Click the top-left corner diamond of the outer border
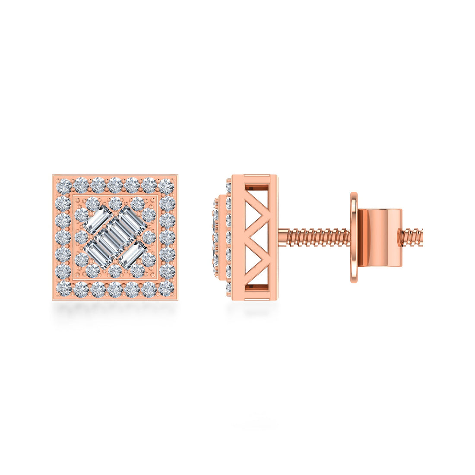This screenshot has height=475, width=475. point(63,186)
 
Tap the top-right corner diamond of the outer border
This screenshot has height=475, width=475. point(167,186)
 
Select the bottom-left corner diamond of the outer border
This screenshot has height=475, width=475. point(63,288)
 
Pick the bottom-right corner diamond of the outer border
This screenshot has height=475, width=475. point(167,288)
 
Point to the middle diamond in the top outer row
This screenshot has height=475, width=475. point(115,185)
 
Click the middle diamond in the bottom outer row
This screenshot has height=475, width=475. point(115,289)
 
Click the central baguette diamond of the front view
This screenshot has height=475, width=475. point(115,237)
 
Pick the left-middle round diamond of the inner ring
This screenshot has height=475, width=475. point(81,237)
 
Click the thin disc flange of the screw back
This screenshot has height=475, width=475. point(354,237)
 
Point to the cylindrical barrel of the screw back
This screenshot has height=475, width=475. point(380,237)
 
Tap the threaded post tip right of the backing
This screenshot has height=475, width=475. point(412,237)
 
